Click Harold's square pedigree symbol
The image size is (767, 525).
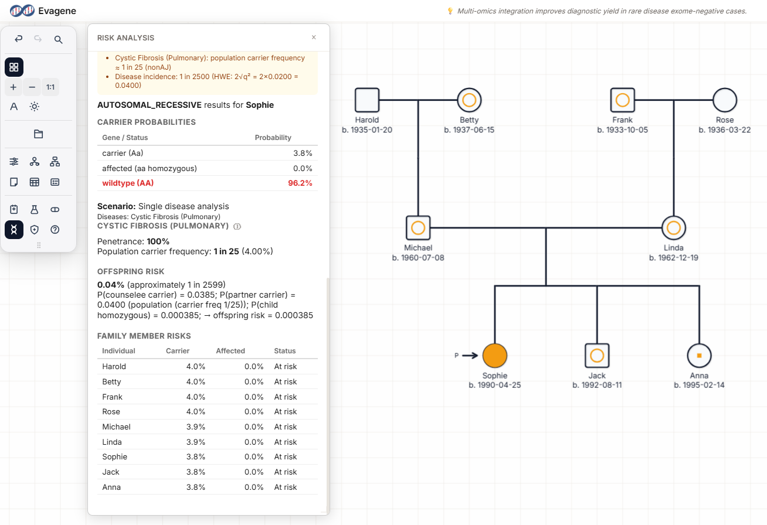(367, 100)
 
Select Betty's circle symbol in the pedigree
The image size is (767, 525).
(469, 100)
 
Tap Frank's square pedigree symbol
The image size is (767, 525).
(622, 100)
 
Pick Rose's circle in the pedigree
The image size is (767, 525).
(725, 100)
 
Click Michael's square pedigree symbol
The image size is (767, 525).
(418, 227)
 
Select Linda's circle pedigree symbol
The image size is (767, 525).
(674, 227)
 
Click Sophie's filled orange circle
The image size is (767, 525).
(495, 355)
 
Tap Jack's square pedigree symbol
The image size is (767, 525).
(597, 355)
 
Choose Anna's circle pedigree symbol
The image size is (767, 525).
(699, 355)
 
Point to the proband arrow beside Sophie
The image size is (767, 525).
(470, 355)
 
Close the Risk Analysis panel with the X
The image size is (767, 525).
(314, 37)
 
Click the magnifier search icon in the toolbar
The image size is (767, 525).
(58, 39)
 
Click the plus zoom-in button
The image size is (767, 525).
(13, 87)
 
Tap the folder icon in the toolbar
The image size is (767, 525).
(39, 134)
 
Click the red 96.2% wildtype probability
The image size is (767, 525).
(300, 183)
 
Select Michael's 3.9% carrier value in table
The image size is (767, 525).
(195, 427)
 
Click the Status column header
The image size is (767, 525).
(285, 351)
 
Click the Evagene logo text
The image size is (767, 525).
(57, 11)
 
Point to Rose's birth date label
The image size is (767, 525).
(725, 129)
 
